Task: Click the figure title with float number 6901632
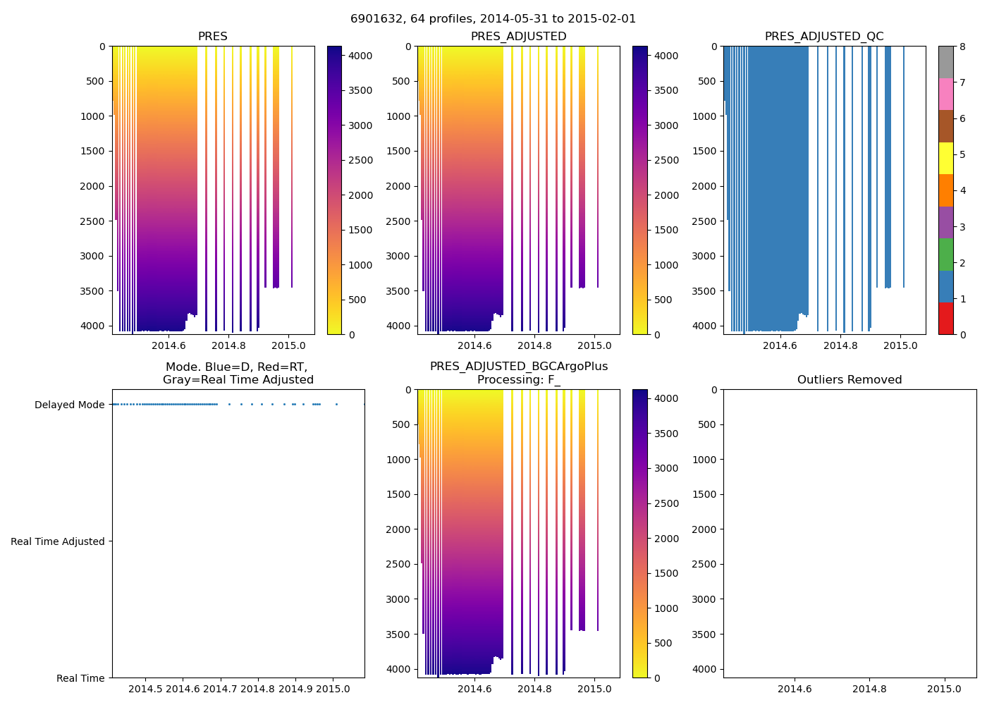(x=493, y=19)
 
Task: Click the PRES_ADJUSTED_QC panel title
(x=824, y=37)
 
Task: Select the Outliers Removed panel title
(x=850, y=380)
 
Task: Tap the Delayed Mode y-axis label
(x=69, y=405)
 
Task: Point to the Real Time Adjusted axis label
(x=58, y=541)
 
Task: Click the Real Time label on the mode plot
(x=80, y=678)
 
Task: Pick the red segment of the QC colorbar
(x=945, y=319)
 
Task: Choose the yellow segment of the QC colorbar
(x=945, y=158)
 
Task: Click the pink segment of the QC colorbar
(x=945, y=94)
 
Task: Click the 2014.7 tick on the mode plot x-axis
(x=221, y=689)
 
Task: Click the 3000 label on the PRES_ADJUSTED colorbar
(x=666, y=125)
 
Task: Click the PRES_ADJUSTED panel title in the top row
(x=518, y=37)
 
